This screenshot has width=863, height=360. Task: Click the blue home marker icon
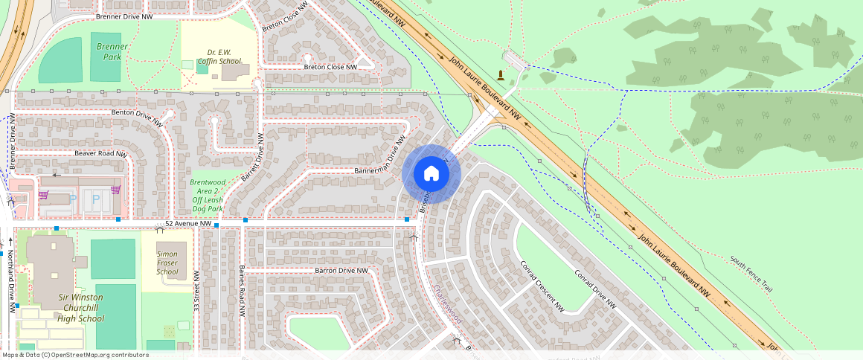(431, 173)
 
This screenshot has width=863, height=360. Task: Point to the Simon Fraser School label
(167, 263)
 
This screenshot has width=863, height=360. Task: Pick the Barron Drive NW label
(341, 270)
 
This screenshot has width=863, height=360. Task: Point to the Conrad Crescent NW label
(540, 285)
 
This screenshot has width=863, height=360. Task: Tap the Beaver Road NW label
(100, 153)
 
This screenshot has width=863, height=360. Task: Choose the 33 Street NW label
(196, 292)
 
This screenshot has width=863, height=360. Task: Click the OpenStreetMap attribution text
(75, 355)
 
